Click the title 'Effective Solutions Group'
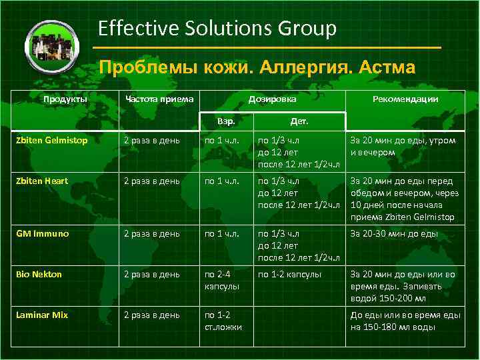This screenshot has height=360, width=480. pyautogui.click(x=217, y=28)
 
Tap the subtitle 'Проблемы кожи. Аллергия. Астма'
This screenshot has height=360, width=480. pyautogui.click(x=257, y=67)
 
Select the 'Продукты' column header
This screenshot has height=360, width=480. pyautogui.click(x=65, y=99)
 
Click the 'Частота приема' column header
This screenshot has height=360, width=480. pyautogui.click(x=160, y=99)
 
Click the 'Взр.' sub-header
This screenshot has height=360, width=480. pyautogui.click(x=227, y=122)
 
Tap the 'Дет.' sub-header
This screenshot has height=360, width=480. pyautogui.click(x=299, y=122)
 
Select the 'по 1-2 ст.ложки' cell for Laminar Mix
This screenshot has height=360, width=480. pyautogui.click(x=223, y=320)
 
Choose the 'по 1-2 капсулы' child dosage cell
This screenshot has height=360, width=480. pyautogui.click(x=290, y=274)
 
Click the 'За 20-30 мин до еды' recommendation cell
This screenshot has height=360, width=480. pyautogui.click(x=394, y=234)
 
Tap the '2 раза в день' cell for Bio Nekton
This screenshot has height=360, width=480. pyautogui.click(x=151, y=274)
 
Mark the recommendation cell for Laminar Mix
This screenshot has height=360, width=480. pyautogui.click(x=397, y=320)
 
